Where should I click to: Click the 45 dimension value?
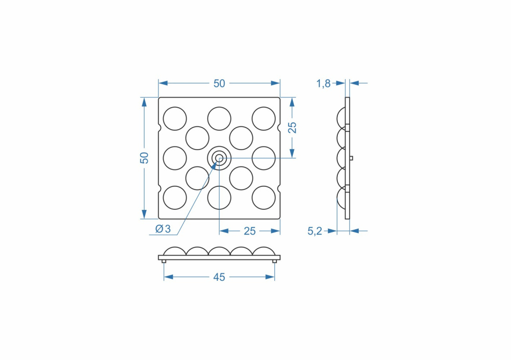pyautogui.click(x=219, y=277)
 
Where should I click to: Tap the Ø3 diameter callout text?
pyautogui.click(x=163, y=229)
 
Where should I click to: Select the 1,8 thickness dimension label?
pyautogui.click(x=323, y=84)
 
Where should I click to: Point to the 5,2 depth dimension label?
pyautogui.click(x=314, y=231)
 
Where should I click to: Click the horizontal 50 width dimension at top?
pyautogui.click(x=219, y=84)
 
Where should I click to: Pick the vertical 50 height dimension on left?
pyautogui.click(x=144, y=158)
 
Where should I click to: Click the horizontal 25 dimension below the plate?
pyautogui.click(x=250, y=231)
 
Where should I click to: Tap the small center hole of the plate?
pyautogui.click(x=219, y=158)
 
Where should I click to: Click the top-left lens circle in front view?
pyautogui.click(x=175, y=118)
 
